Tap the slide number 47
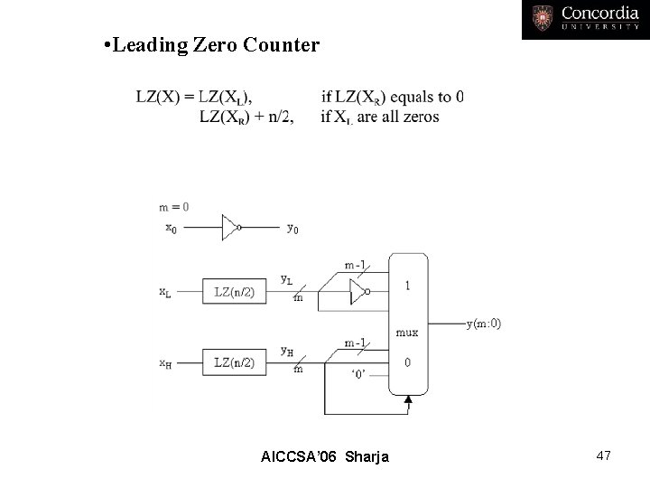(x=602, y=456)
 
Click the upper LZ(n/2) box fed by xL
(x=234, y=291)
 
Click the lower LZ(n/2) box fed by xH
(x=234, y=362)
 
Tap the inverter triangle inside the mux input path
(x=358, y=291)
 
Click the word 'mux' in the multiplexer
(x=408, y=332)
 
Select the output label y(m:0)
(x=483, y=324)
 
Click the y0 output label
(x=292, y=229)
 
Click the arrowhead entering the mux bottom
(x=409, y=398)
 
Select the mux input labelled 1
(x=408, y=286)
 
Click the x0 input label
(x=171, y=228)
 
